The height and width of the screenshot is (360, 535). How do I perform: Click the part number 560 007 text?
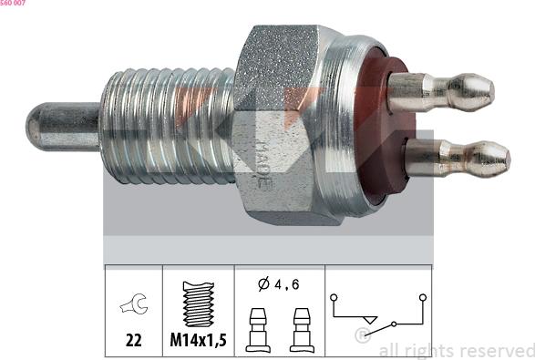coord(13,3)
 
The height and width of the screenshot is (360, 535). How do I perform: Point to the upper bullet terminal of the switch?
coord(441,92)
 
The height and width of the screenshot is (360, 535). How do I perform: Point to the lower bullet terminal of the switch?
coord(458,159)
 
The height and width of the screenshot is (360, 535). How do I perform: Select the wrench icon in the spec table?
coord(134,303)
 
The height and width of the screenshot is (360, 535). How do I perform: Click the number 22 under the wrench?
coord(133,340)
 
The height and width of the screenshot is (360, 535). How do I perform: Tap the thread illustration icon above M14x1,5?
coord(199,304)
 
